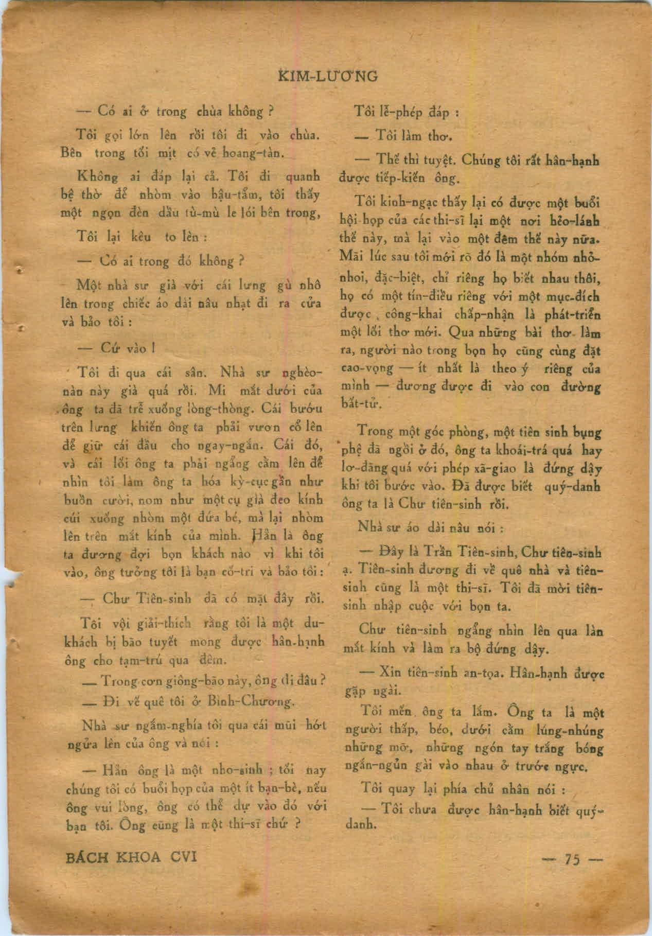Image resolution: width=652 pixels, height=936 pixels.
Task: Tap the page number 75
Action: [x=572, y=860]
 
